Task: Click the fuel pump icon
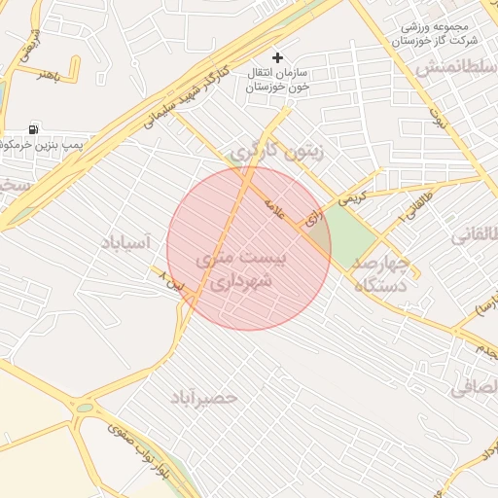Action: point(35,129)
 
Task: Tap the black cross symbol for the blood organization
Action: point(278,58)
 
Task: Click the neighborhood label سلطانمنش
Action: point(451,70)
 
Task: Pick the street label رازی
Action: point(313,221)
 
